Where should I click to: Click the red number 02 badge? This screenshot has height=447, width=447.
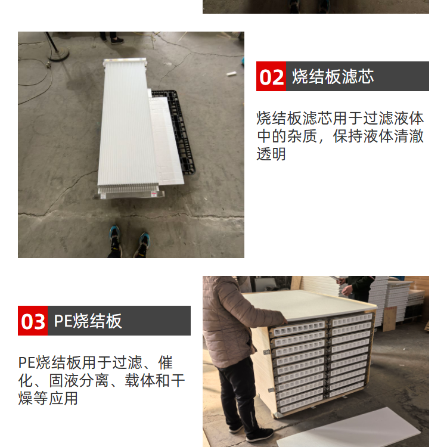point(271,76)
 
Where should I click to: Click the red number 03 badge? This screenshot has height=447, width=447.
point(33,321)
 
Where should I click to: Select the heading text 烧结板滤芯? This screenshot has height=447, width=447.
point(333,76)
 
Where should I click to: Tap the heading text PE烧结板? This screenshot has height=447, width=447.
point(88,321)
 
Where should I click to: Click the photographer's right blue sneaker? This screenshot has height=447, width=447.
point(142,244)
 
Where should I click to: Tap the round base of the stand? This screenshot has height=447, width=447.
point(59,54)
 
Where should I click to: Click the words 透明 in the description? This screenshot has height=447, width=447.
point(271,154)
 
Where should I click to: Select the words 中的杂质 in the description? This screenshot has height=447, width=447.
point(287,136)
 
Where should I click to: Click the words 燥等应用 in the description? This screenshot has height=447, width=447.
point(48,398)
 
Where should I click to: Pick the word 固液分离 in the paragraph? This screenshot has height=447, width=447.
point(79,380)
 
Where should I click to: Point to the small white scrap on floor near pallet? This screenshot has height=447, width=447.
point(231,74)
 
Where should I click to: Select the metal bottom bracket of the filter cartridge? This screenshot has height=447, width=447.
point(130,194)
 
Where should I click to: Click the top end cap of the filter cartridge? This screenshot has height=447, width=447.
point(125,62)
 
